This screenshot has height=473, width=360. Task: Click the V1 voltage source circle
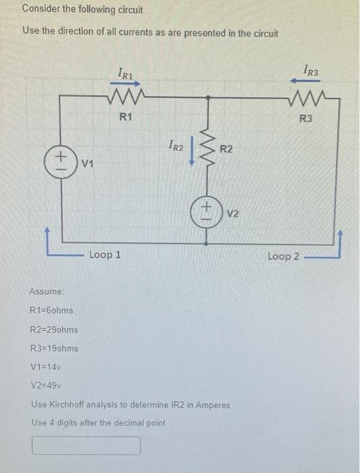(x=60, y=163)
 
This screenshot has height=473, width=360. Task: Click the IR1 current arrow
(x=125, y=85)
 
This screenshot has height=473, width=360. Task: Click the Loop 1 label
(x=105, y=255)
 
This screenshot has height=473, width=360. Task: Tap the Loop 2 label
(x=283, y=256)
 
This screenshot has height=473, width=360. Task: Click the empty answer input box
(x=86, y=446)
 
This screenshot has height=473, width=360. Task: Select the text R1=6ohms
(x=52, y=310)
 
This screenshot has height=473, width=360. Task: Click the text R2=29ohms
(x=55, y=330)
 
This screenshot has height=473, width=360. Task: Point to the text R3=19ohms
(x=55, y=349)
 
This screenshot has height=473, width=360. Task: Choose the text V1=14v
(x=47, y=368)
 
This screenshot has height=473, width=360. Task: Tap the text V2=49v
(x=48, y=387)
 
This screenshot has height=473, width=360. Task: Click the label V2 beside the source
(x=233, y=214)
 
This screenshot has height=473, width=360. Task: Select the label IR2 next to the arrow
(x=174, y=144)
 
